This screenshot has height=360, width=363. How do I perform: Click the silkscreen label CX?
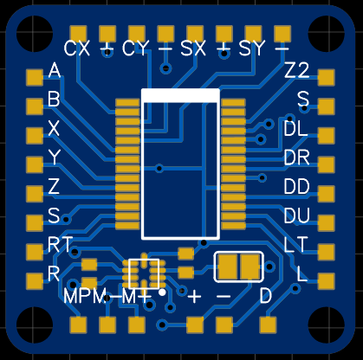pos(77,48)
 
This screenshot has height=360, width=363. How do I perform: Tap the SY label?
pos(252,48)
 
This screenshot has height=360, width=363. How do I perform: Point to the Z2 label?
pos(296,70)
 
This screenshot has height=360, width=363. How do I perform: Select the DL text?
pos(295,128)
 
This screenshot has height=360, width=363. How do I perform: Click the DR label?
pos(296,157)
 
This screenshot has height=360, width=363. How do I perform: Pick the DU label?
pos(296,215)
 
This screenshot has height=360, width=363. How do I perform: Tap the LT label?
pos(295,245)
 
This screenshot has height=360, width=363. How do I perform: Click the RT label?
pos(60,245)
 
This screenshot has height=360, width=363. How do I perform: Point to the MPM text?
pos(85,296)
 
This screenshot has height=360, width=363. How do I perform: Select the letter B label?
pos(54,100)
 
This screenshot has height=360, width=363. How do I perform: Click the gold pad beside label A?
pos(35,77)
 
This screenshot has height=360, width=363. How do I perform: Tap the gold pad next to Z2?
pos(327,77)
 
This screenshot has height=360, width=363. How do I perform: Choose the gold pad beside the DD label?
pos(327,193)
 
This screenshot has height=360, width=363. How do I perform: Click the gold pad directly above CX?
pos(78,35)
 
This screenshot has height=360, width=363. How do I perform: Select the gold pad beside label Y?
pos(35,164)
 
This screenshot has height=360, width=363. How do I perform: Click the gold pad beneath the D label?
pos(269,325)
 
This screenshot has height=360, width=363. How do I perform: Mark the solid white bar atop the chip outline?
pos(180,95)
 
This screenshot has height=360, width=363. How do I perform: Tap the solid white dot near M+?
pos(162,292)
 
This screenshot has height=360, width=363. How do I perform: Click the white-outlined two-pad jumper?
pos(238,267)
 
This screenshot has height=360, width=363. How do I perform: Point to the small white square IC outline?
pos(144,273)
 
